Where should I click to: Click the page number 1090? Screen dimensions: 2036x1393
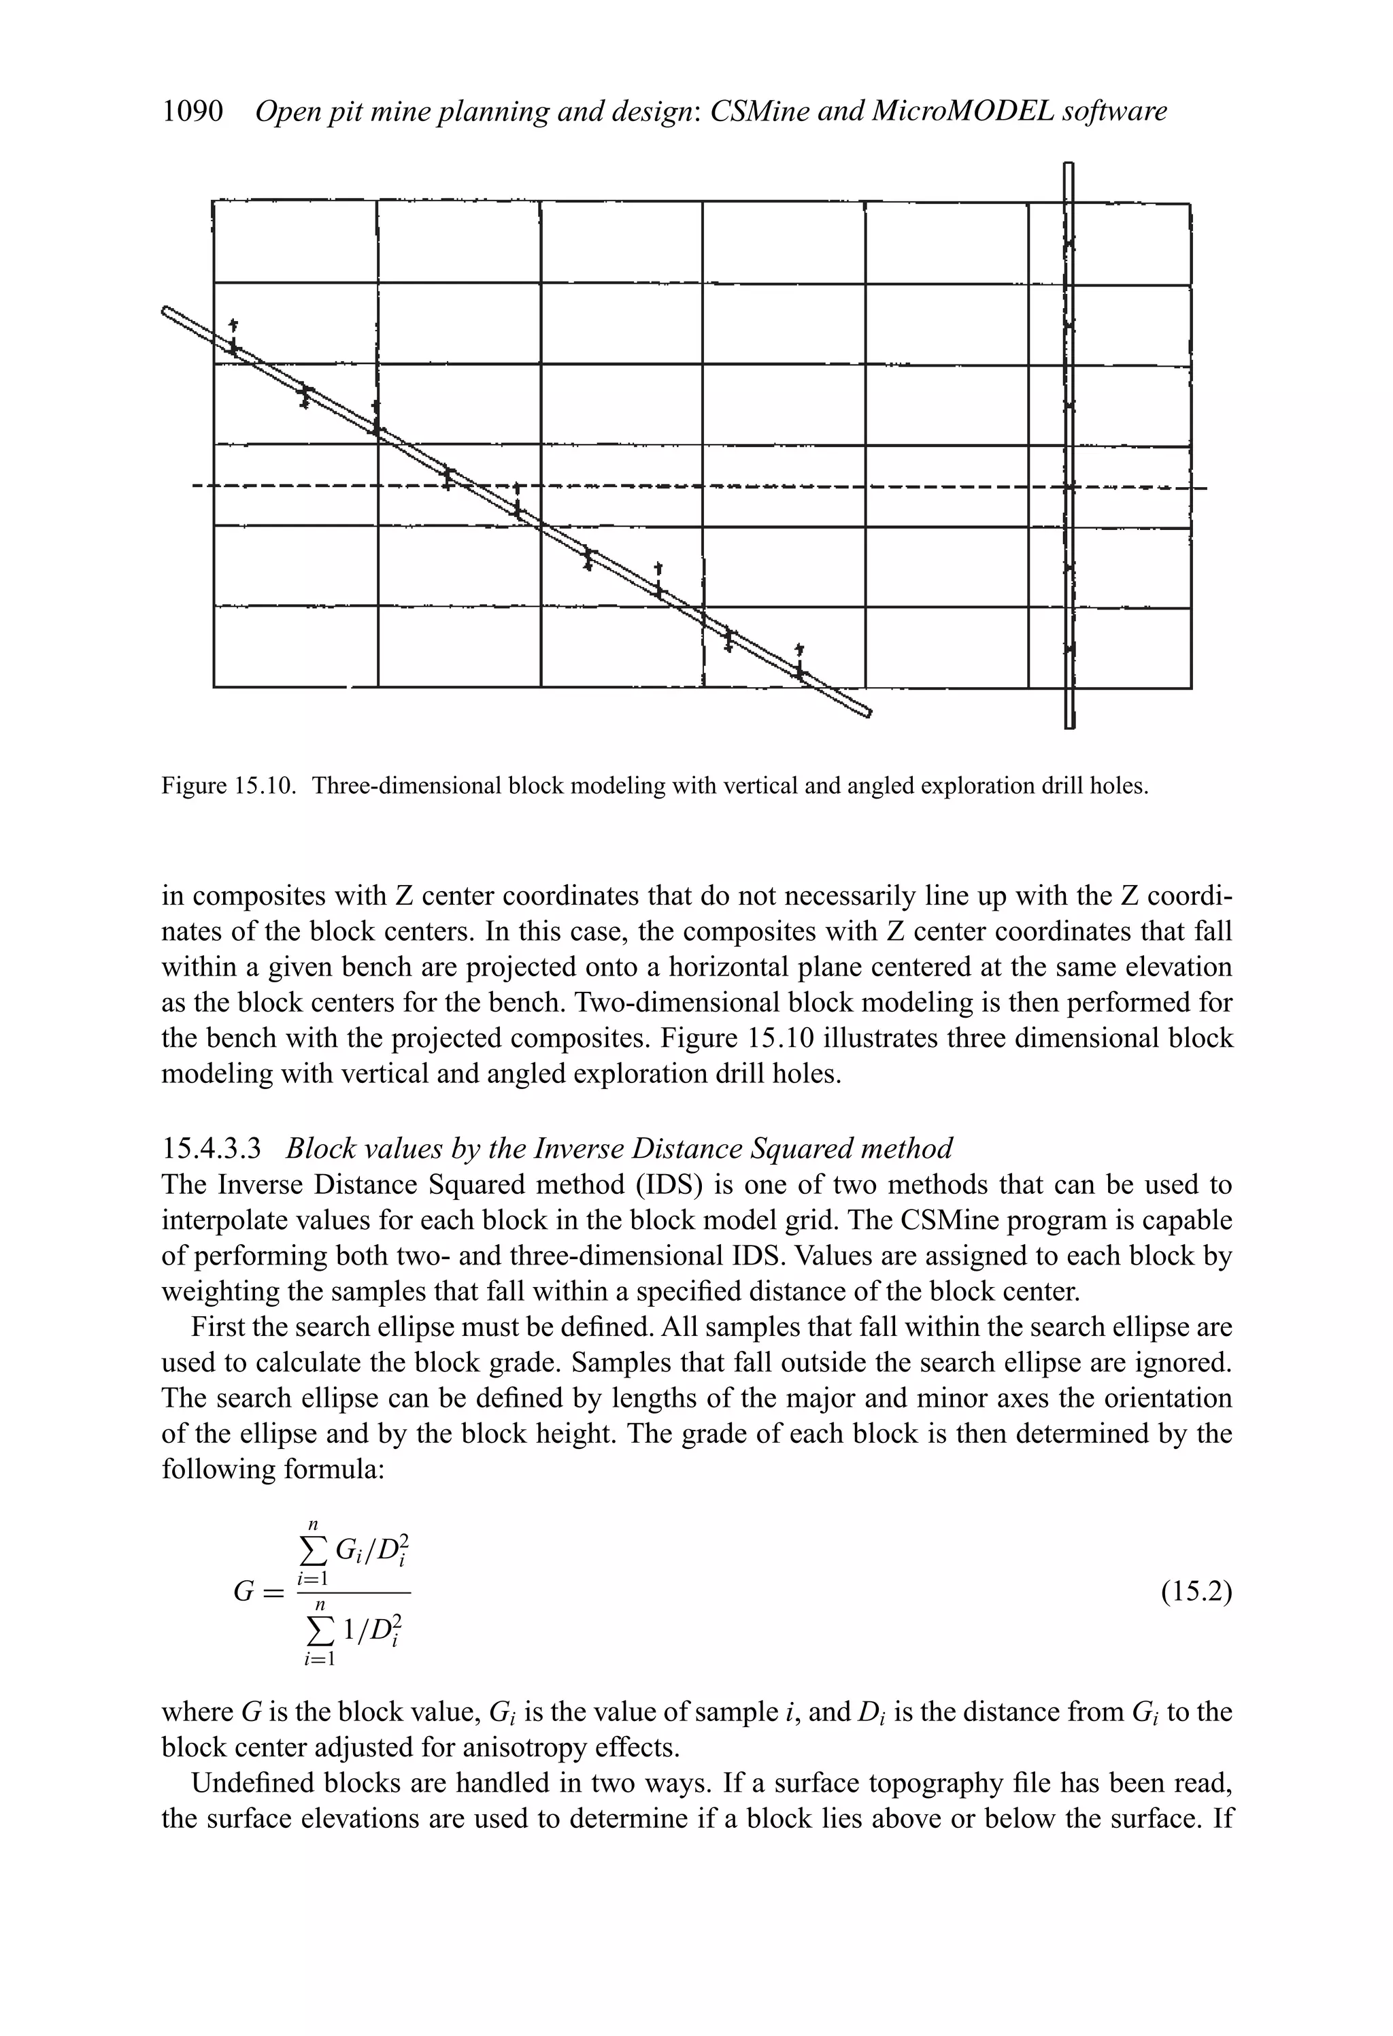click(x=192, y=112)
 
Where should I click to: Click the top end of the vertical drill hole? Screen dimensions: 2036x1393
click(x=1068, y=167)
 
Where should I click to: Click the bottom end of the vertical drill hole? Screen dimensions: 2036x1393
click(x=1069, y=724)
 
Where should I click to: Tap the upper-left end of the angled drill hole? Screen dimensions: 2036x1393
click(x=167, y=310)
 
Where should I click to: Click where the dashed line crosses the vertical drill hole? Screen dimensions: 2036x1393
click(x=1069, y=487)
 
